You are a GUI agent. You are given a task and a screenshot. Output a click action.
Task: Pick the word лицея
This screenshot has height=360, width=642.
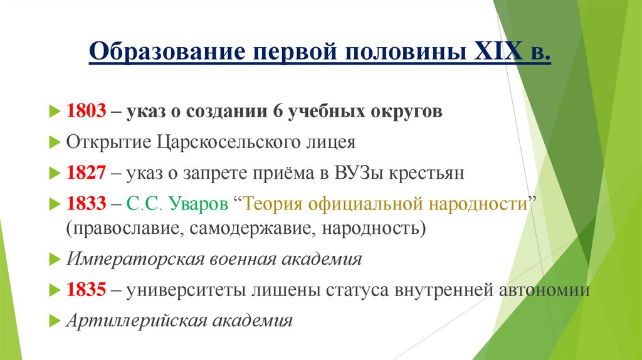(x=332, y=142)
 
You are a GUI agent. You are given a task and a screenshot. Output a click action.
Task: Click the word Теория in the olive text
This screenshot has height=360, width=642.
(x=273, y=204)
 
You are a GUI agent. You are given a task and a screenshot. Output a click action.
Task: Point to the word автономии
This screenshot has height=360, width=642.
(x=544, y=290)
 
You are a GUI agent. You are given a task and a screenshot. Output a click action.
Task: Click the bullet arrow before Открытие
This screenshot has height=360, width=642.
(x=54, y=142)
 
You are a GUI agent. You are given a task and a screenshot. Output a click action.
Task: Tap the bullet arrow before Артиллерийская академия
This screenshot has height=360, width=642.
(x=54, y=320)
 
